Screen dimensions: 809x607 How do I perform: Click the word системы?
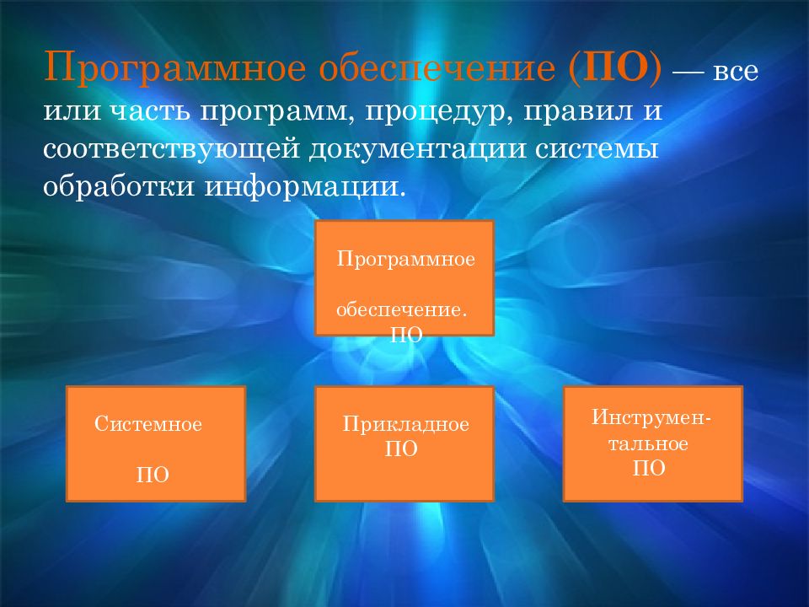pyautogui.click(x=597, y=149)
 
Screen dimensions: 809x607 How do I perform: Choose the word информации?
pyautogui.click(x=303, y=187)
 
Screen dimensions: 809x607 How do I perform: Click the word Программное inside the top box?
pyautogui.click(x=405, y=259)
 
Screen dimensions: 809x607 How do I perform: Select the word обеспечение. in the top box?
pyautogui.click(x=401, y=309)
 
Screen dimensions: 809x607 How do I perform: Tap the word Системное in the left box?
pyautogui.click(x=148, y=424)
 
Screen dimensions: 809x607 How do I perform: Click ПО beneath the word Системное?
pyautogui.click(x=153, y=475)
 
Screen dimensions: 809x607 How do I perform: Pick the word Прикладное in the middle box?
pyautogui.click(x=405, y=424)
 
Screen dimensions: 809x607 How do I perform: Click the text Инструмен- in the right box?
pyautogui.click(x=651, y=417)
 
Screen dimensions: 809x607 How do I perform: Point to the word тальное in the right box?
pyautogui.click(x=648, y=444)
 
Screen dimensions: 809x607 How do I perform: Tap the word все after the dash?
pyautogui.click(x=735, y=71)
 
